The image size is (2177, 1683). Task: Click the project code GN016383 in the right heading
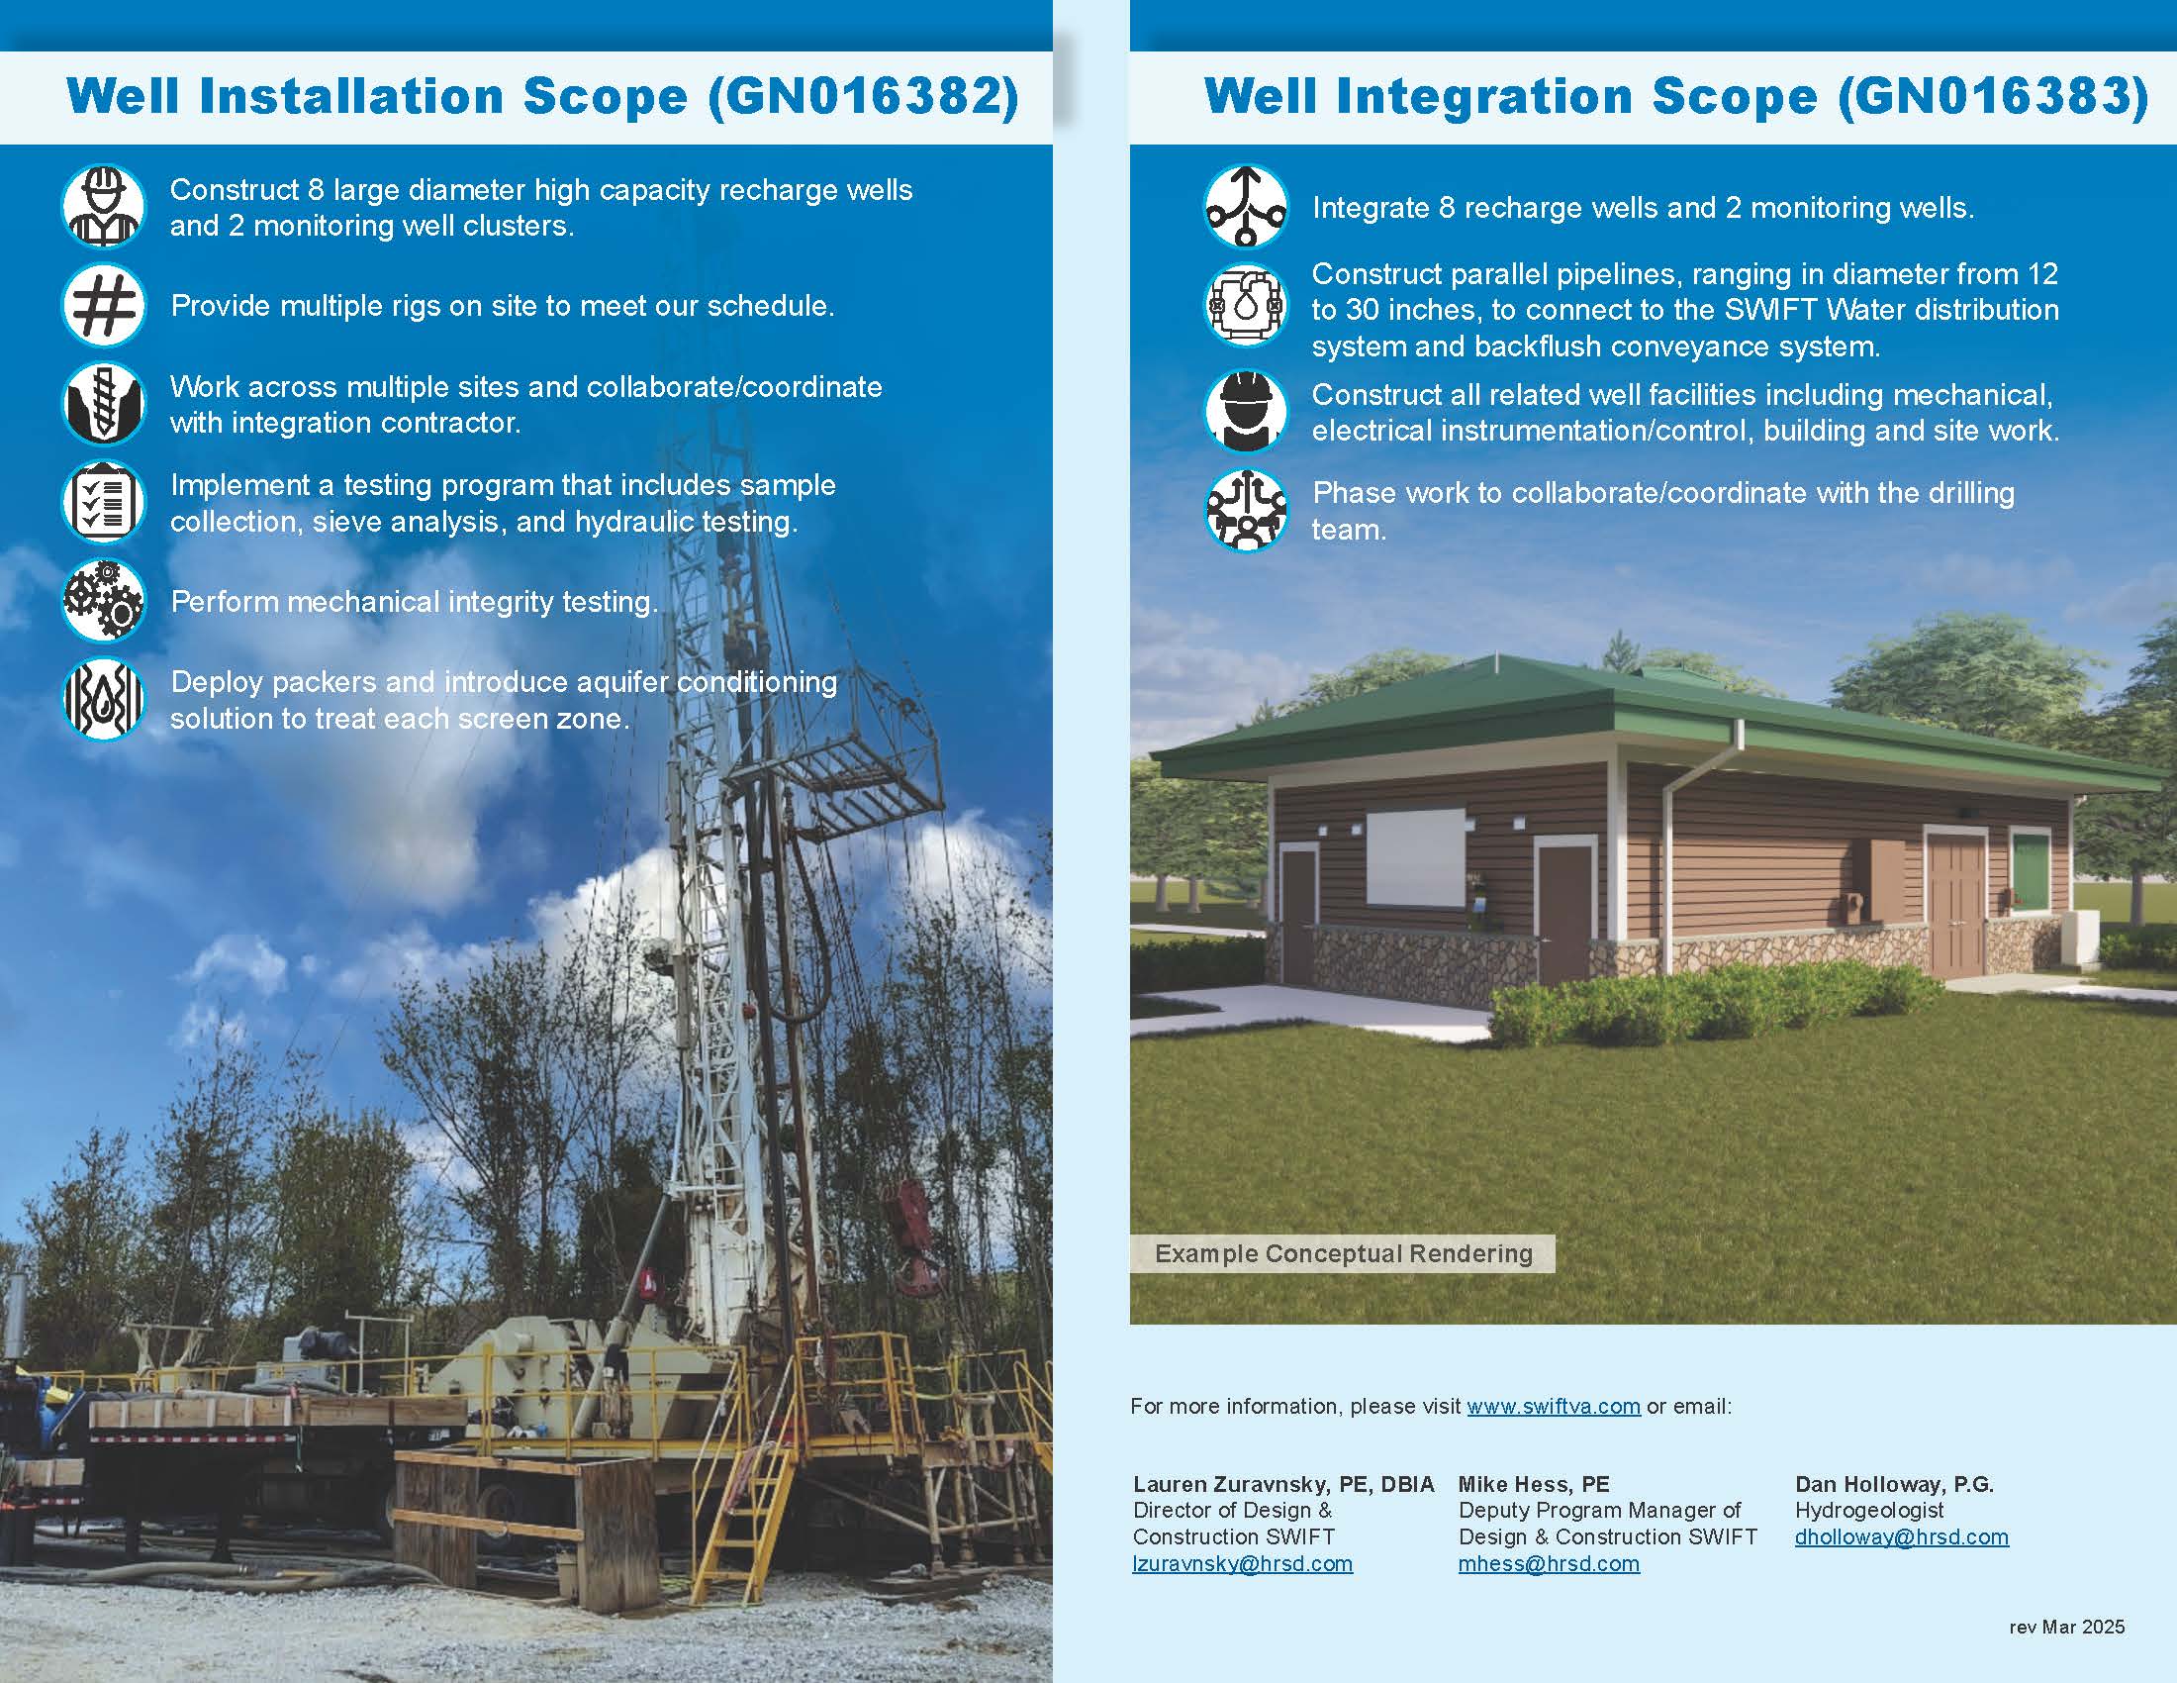coord(1994,97)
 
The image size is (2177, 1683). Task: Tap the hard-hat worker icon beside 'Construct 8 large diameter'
coord(104,206)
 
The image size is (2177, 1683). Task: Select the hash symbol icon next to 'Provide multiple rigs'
coord(104,304)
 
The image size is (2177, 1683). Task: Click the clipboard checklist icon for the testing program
coord(104,502)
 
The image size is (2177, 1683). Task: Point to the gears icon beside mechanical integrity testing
coord(104,600)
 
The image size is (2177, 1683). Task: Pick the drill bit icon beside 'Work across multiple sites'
coord(104,403)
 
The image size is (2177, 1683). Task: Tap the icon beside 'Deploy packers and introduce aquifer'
coord(104,699)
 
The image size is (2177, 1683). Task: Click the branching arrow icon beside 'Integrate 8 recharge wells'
coord(1246,206)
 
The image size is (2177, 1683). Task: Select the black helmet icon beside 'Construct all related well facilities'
coord(1246,410)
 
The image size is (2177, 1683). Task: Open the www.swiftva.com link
coord(1553,1406)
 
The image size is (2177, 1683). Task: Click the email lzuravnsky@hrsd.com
coord(1243,1563)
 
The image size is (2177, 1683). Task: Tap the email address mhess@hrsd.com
coord(1549,1563)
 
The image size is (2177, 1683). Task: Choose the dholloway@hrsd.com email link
coord(1902,1536)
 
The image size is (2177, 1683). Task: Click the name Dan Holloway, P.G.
coord(1895,1484)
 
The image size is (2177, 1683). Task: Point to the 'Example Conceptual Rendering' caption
coord(1344,1253)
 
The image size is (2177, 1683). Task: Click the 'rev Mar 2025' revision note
coord(2067,1628)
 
